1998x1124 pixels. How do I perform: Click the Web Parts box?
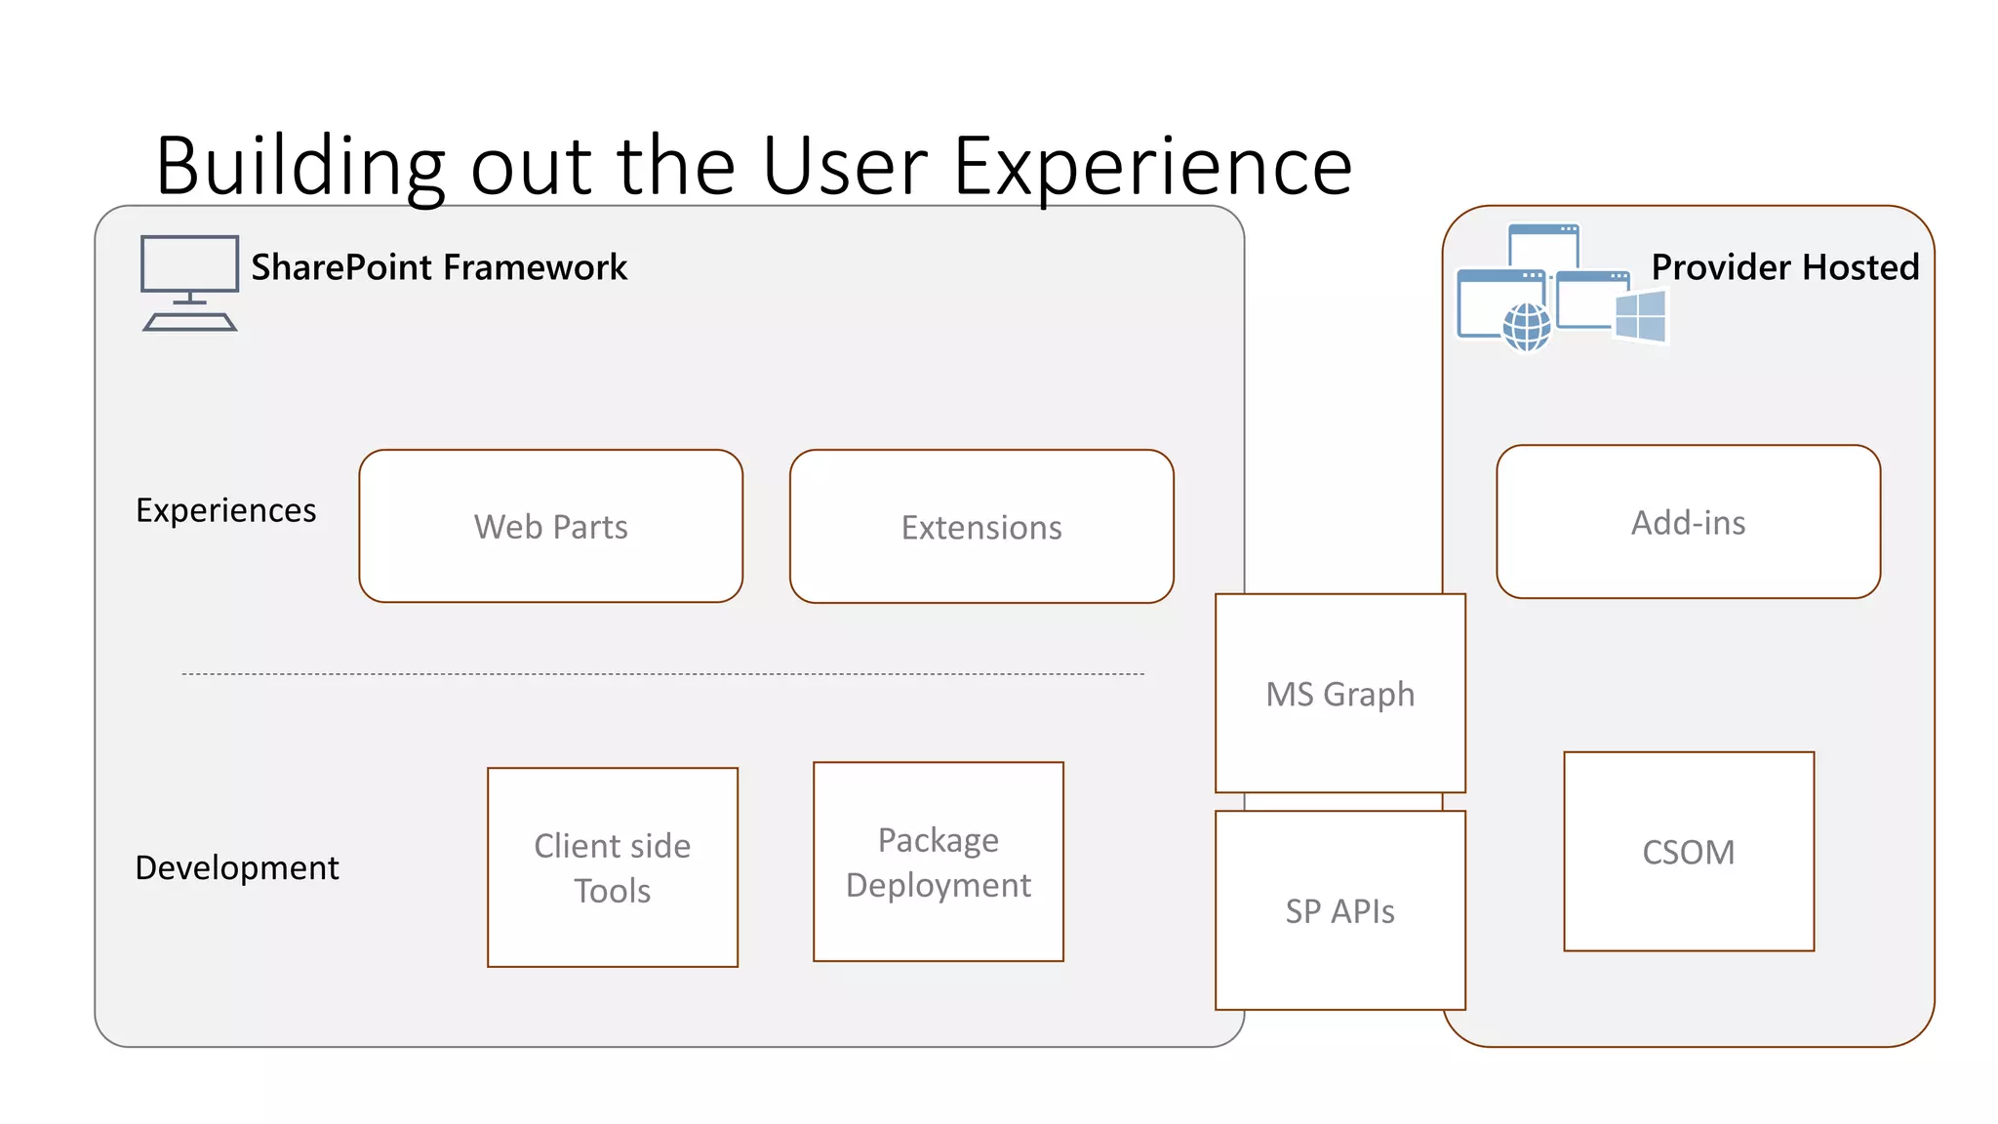[550, 527]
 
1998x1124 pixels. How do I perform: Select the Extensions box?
[981, 527]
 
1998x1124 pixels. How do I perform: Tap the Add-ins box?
[1688, 523]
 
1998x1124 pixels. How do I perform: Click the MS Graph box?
[1339, 694]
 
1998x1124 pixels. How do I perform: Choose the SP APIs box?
[1339, 910]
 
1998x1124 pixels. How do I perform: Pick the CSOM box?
[1688, 852]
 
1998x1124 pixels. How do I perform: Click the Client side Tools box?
[612, 867]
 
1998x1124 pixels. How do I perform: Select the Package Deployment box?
[938, 862]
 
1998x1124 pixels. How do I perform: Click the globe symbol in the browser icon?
[1527, 326]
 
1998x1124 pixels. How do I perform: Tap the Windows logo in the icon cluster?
[1641, 316]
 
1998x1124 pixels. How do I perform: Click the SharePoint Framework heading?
[439, 267]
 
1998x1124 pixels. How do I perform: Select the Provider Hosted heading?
[1784, 267]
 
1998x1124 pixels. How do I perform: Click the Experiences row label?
[225, 510]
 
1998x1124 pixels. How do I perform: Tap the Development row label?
[237, 867]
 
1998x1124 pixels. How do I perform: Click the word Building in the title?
[300, 166]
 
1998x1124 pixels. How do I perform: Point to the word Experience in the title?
[1152, 166]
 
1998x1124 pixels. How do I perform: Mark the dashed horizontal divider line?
[663, 674]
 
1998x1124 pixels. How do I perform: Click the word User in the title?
[844, 166]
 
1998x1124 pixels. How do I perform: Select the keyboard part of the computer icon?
[189, 322]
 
